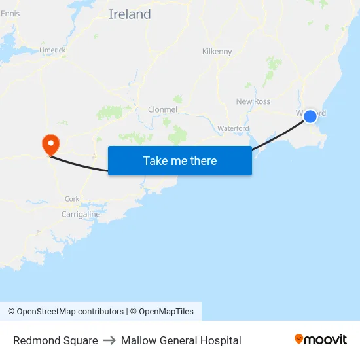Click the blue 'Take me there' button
click(x=180, y=160)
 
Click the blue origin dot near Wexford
click(x=310, y=116)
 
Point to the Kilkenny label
click(x=217, y=52)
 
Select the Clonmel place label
click(x=163, y=109)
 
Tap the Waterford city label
click(x=233, y=128)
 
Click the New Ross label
click(x=253, y=101)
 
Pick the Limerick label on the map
click(x=52, y=50)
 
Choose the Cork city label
click(x=72, y=199)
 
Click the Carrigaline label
click(x=81, y=214)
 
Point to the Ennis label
click(x=10, y=13)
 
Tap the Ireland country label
click(x=130, y=14)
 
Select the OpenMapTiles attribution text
click(x=166, y=312)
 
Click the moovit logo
click(x=321, y=339)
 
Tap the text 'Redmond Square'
click(x=56, y=340)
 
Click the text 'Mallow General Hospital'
click(x=181, y=340)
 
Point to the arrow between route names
click(x=109, y=340)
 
